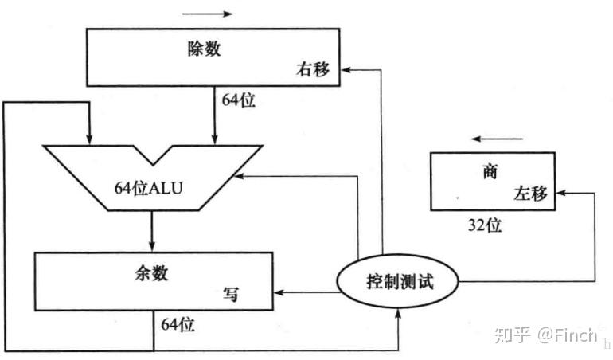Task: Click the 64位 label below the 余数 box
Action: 178,324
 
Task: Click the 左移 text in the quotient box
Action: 531,194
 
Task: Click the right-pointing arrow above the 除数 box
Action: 208,14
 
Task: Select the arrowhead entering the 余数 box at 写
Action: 280,294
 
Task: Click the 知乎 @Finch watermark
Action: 545,335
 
